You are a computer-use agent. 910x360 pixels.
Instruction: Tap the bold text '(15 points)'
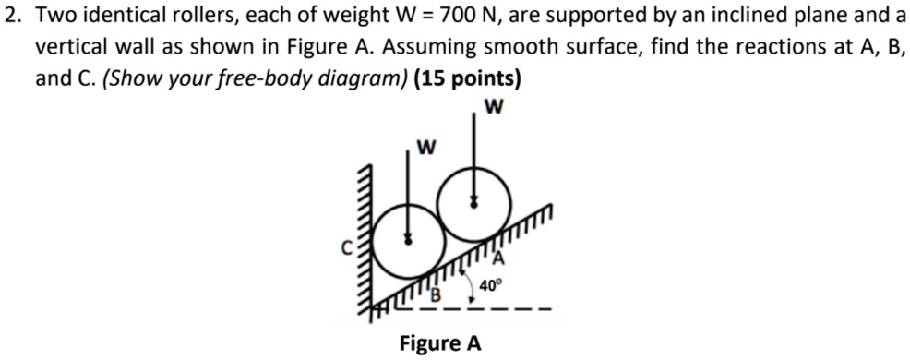click(x=468, y=78)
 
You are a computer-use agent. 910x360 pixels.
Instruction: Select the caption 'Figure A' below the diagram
click(x=439, y=343)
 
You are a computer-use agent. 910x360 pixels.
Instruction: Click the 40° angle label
click(x=494, y=286)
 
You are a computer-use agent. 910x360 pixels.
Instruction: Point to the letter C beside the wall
click(x=346, y=247)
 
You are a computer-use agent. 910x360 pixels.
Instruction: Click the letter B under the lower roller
click(x=439, y=294)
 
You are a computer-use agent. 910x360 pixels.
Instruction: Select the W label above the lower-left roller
click(x=426, y=147)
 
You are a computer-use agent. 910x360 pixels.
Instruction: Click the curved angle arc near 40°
click(x=473, y=286)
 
